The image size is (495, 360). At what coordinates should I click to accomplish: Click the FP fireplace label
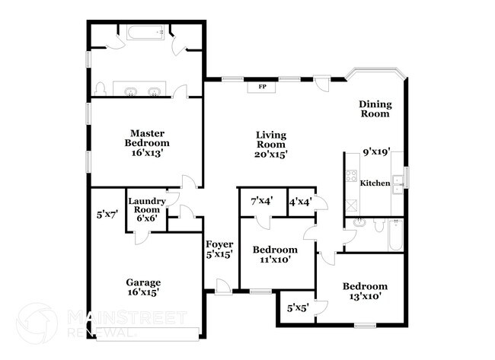pos(262,86)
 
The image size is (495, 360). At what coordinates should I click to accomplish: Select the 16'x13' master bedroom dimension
pos(148,152)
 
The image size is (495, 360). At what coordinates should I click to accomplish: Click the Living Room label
pos(270,139)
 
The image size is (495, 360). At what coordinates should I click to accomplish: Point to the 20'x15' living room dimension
pos(270,154)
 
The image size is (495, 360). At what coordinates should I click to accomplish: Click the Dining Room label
pos(375,110)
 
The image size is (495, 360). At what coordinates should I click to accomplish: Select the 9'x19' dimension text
pos(376,151)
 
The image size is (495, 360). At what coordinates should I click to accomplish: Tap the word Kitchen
pos(375,183)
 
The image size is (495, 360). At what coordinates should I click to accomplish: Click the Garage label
pos(143,282)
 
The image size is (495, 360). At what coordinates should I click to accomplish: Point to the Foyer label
pos(219,244)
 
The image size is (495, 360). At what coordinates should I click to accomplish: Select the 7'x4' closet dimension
pos(262,202)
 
